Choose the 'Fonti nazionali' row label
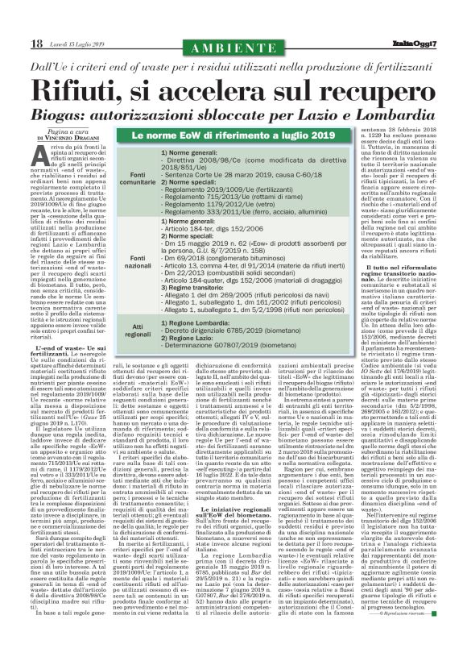[x=138, y=258]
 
